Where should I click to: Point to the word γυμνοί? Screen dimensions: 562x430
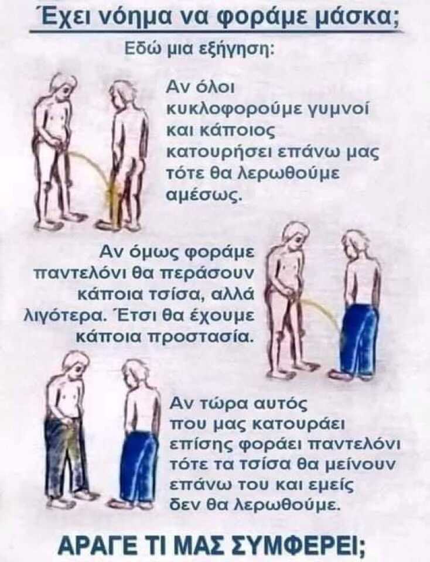click(x=345, y=108)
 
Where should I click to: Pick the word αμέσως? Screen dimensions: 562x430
click(x=203, y=195)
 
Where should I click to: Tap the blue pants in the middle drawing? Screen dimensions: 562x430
click(x=359, y=340)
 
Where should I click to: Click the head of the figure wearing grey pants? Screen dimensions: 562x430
click(x=74, y=361)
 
